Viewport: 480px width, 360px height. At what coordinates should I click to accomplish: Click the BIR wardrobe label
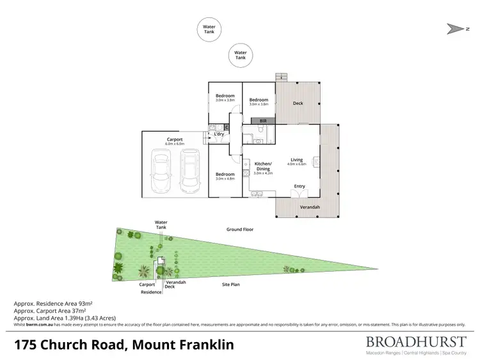tap(263, 120)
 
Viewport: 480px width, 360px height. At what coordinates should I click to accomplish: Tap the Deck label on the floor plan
tap(298, 103)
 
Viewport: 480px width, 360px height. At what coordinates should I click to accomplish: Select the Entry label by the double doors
tap(299, 186)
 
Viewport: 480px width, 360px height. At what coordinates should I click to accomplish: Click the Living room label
tap(297, 160)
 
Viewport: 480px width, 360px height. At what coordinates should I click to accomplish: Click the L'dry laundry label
tap(219, 134)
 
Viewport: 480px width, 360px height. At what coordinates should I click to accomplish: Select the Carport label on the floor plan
tap(175, 139)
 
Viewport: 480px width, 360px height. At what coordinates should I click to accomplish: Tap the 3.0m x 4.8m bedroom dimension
tap(225, 178)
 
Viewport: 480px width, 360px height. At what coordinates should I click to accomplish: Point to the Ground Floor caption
tap(240, 229)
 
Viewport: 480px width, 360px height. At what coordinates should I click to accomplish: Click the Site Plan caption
tap(230, 284)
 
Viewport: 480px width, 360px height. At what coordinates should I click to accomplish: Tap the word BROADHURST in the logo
tap(417, 341)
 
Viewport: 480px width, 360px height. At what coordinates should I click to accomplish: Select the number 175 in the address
tap(28, 345)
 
